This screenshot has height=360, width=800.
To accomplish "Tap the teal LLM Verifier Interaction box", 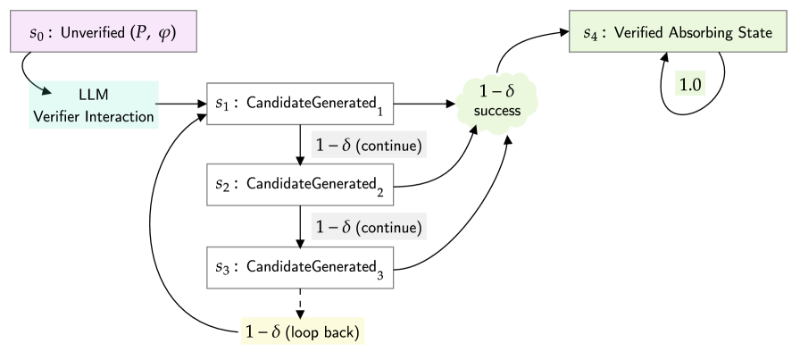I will click(94, 105).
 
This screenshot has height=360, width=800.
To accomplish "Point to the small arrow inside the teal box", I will click(42, 89).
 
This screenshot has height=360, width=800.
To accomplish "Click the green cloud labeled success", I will click(497, 102).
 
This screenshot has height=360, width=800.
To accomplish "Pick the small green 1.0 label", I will click(691, 85).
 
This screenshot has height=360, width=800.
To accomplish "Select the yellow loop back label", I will click(303, 332).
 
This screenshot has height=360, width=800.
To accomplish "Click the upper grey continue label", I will click(369, 145).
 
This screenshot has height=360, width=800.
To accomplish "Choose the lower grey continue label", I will click(369, 227).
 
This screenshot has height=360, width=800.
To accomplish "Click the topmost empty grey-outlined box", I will click(300, 104).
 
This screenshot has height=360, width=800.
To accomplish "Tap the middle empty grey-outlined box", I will click(300, 185).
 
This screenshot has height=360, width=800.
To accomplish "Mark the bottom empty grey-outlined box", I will click(300, 267).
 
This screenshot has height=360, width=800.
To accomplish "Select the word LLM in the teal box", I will click(94, 94).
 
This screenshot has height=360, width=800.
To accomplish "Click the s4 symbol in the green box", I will click(590, 35).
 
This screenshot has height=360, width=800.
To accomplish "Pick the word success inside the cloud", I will click(497, 112).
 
